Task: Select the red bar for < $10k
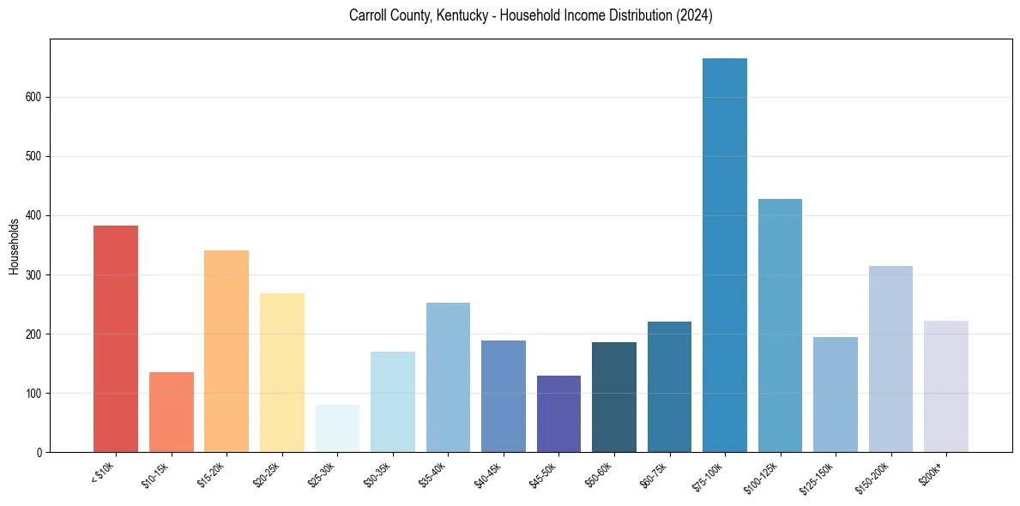point(116,339)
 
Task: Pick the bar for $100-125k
point(780,325)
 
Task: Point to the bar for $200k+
point(945,386)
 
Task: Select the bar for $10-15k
point(172,412)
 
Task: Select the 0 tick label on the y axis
point(39,452)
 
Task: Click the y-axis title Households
point(14,245)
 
